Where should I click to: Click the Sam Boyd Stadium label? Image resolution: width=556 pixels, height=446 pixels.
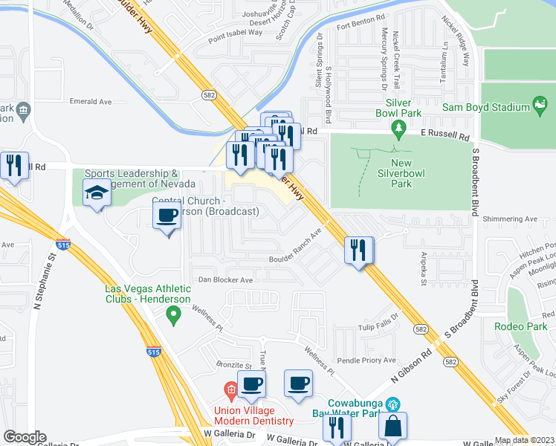tap(485, 107)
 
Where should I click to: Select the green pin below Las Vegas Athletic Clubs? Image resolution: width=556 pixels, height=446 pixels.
tap(174, 316)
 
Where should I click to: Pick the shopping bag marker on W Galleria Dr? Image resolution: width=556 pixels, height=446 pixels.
tap(392, 427)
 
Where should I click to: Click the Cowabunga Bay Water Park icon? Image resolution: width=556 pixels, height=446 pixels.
tap(393, 404)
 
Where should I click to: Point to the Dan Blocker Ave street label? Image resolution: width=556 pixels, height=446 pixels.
tap(225, 280)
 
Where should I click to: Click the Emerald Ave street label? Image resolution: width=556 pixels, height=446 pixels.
tap(90, 102)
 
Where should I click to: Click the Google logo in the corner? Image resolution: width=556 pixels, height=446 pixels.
tap(25, 437)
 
